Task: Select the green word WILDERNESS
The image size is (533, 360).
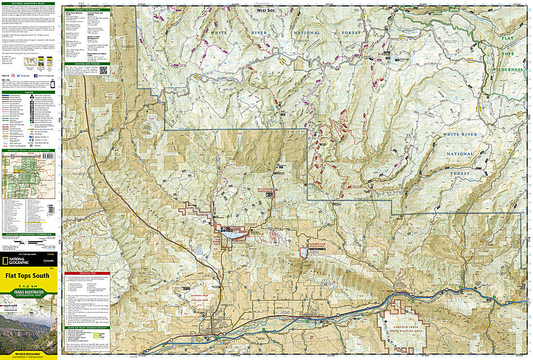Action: (x=506, y=70)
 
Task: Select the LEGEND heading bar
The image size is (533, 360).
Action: (x=29, y=91)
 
